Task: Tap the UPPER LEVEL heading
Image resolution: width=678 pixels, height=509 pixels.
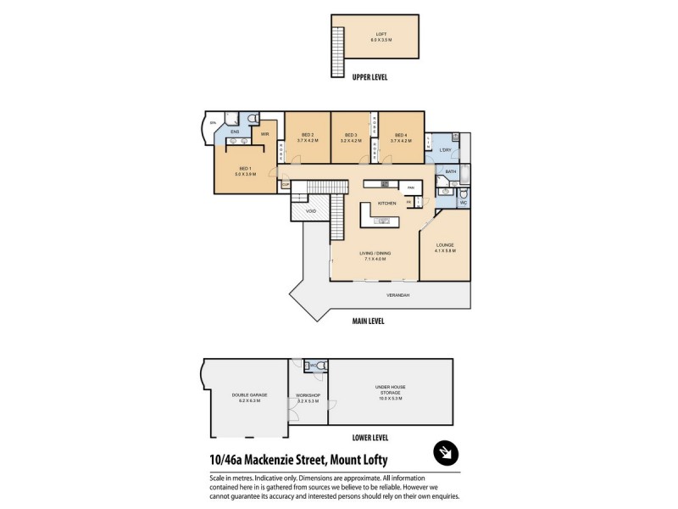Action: coord(370,77)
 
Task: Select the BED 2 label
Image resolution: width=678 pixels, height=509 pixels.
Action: coord(307,137)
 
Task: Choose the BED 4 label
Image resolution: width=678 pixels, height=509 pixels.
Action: coord(400,137)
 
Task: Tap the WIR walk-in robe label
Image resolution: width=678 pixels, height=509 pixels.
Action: coord(264,134)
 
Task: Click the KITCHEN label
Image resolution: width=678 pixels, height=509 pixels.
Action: coord(386,204)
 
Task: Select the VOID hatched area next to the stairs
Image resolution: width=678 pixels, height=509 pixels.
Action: coord(311,210)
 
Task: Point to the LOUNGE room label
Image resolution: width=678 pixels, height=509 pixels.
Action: coord(445,247)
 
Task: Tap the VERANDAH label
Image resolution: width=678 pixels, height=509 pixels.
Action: coord(398,294)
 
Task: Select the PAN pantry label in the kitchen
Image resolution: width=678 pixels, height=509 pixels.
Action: coord(410,187)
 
